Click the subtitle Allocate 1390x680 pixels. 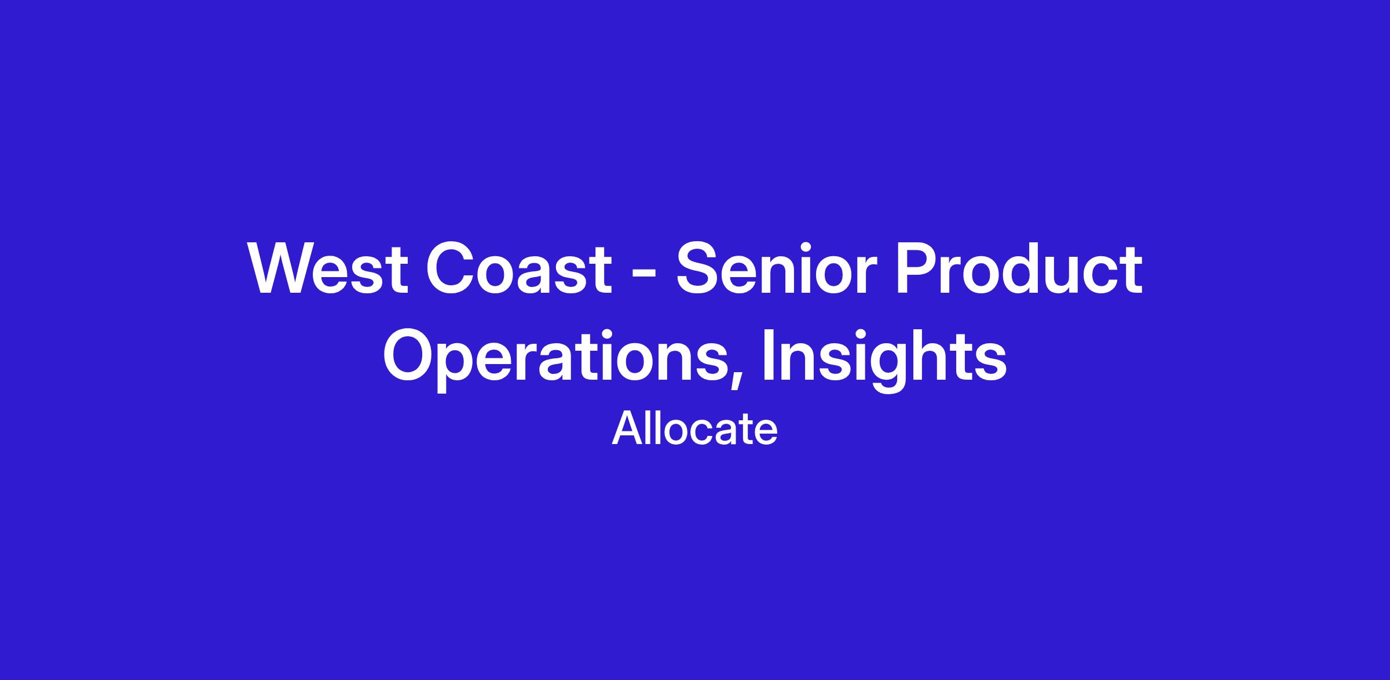694,429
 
